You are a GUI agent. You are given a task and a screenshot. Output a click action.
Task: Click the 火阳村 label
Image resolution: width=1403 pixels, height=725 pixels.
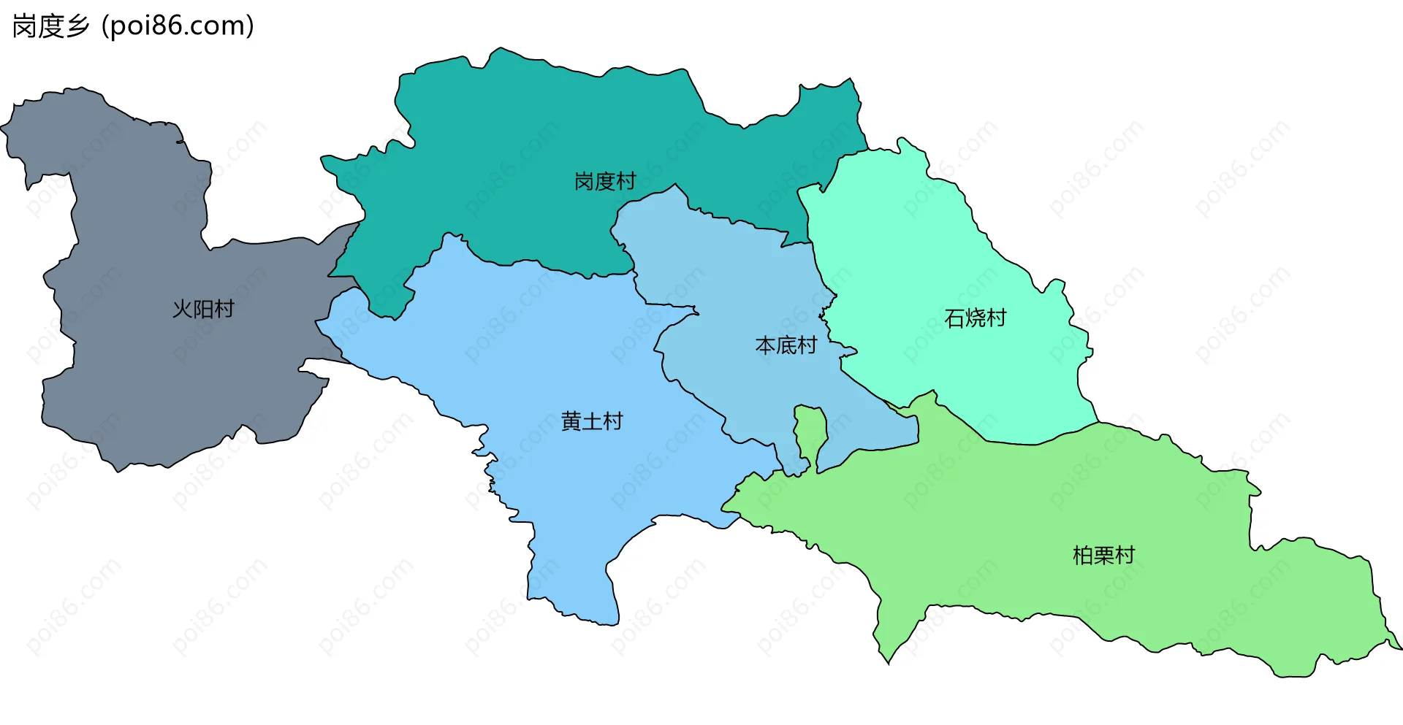coord(203,309)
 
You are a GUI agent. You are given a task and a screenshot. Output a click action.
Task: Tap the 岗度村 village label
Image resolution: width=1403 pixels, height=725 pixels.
coord(605,181)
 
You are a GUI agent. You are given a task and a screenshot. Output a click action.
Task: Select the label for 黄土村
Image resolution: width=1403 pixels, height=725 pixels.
coord(592,421)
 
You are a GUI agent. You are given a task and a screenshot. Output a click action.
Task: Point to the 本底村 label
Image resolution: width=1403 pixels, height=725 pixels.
coord(786,345)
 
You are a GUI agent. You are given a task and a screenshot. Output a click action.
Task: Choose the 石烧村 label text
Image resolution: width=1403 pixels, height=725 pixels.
coord(975,318)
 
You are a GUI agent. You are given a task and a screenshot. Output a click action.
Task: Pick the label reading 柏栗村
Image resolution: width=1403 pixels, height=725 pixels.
coord(1103,556)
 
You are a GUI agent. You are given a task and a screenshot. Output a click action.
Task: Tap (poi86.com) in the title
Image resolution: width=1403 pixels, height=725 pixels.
coord(178,26)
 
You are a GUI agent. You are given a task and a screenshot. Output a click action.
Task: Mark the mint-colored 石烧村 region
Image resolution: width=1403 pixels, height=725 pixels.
coord(913,241)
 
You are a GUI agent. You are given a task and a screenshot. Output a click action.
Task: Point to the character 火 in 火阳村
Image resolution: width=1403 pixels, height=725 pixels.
coord(182,309)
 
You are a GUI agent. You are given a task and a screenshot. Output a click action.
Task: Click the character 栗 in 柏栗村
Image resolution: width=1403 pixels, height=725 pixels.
coord(1103,556)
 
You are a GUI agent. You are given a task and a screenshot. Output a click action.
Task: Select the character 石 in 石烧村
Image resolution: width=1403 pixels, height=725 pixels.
coord(954,318)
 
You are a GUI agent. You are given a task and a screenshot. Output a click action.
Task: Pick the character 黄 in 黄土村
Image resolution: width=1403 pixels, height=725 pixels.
coord(571,421)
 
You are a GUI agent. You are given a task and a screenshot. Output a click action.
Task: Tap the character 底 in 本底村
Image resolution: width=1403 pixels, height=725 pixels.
coord(786,345)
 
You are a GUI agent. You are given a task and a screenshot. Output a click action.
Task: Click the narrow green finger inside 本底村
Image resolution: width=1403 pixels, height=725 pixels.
coord(810,431)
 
